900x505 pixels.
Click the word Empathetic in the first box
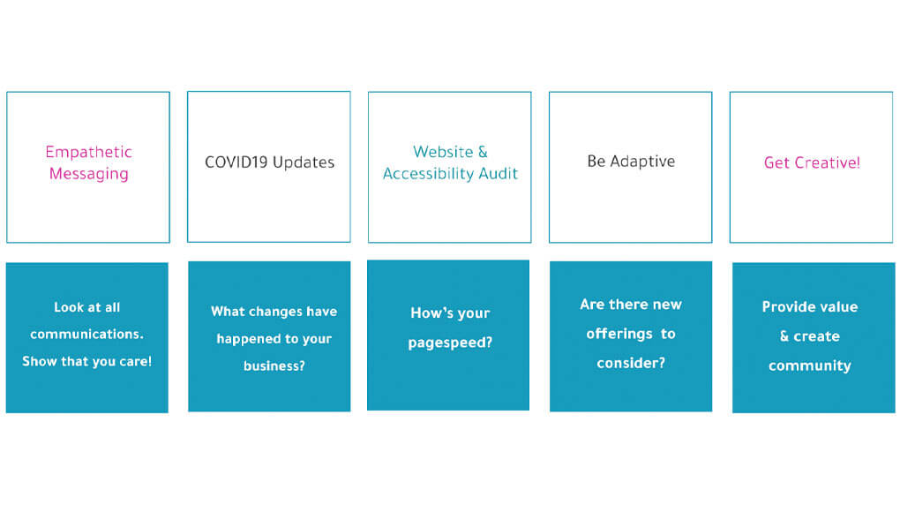tap(88, 152)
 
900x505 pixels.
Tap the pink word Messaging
tap(88, 174)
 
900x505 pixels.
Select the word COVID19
tap(236, 162)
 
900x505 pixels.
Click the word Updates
tap(304, 162)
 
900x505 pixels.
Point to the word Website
tap(443, 152)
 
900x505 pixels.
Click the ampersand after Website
tap(482, 152)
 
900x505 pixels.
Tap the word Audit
tap(498, 174)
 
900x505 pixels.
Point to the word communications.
tap(86, 335)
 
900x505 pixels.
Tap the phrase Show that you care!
tap(86, 362)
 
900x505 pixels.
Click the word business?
tap(274, 366)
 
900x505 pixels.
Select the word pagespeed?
tap(450, 343)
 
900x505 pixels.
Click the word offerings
tap(617, 334)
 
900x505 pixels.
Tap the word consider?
tap(631, 363)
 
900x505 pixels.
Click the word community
tap(809, 366)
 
